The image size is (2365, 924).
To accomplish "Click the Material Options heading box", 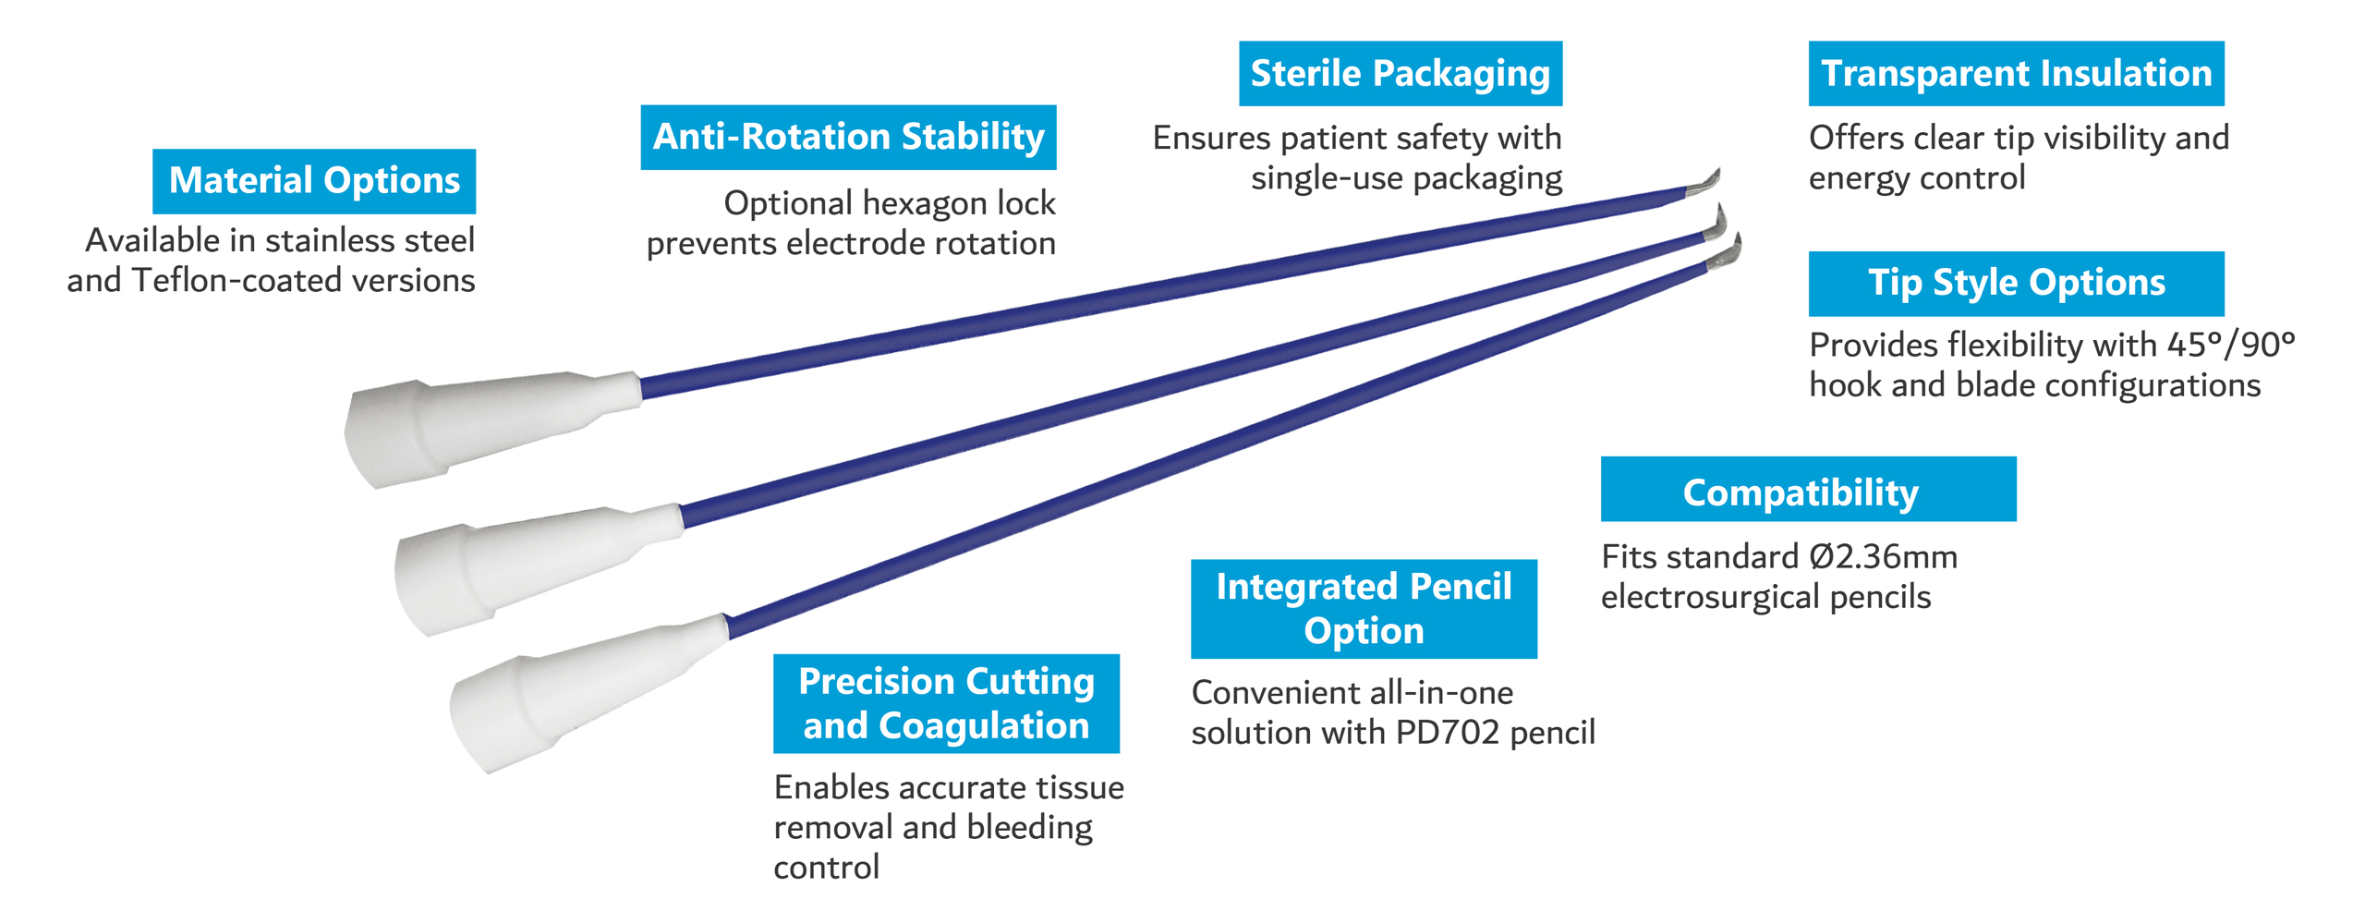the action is click(314, 181).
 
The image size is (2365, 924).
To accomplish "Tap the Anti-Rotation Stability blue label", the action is click(848, 137).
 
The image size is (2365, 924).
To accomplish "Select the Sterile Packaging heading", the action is click(1401, 73).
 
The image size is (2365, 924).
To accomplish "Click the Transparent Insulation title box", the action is click(2016, 73).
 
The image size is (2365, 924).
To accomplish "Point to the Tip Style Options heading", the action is click(2016, 283).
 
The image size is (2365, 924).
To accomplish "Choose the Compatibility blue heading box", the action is click(1808, 489).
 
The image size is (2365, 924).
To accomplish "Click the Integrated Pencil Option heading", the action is click(1364, 609).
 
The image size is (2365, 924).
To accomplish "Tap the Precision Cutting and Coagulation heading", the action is click(946, 703).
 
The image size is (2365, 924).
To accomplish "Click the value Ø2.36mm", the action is click(1883, 557).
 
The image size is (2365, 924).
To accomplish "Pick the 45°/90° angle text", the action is click(2230, 345).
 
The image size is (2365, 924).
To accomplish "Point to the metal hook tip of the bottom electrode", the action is click(1725, 252).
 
